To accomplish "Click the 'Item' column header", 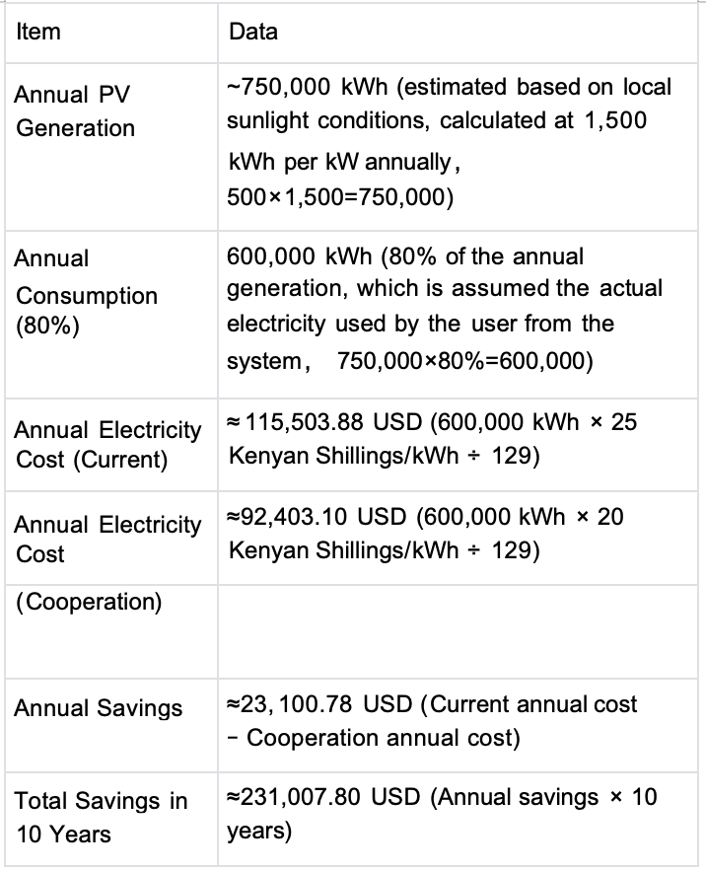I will [x=38, y=32].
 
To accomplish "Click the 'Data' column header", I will [x=253, y=32].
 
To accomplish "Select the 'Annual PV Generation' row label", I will [x=75, y=111].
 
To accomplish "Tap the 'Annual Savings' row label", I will [x=99, y=708].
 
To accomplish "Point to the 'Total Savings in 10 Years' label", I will [x=101, y=817].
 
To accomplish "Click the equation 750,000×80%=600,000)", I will [x=464, y=361].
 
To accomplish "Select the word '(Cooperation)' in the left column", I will [x=89, y=602].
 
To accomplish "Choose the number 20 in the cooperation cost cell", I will [x=610, y=516].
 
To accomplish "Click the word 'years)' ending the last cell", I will [x=259, y=832].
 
